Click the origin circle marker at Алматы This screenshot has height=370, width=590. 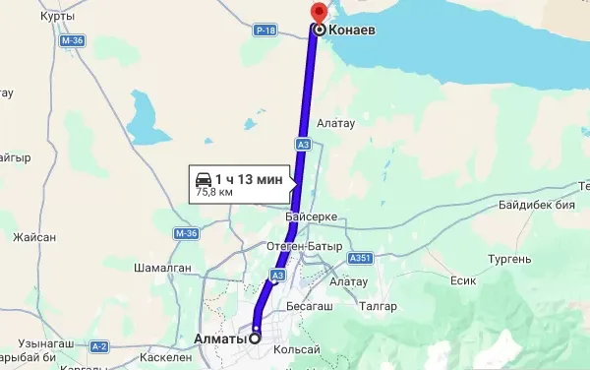coord(255,339)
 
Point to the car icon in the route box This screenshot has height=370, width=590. coord(203,178)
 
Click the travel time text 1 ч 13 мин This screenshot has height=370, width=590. coord(249,178)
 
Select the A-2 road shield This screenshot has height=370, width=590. coord(99,346)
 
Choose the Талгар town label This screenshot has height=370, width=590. coord(379,306)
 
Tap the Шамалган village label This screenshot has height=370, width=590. coord(163,267)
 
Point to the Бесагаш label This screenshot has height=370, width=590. coord(312,306)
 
